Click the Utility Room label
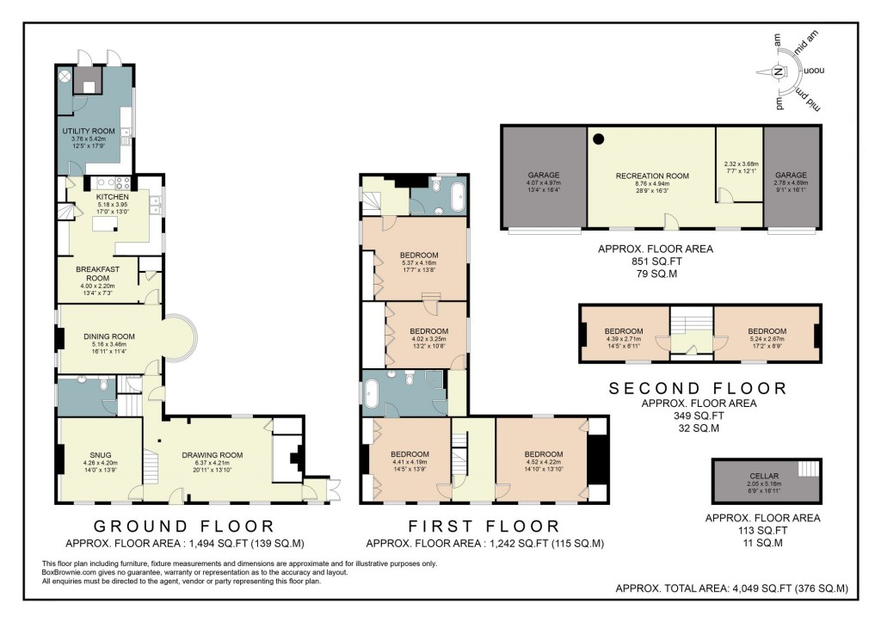tap(89, 131)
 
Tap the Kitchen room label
tap(112, 197)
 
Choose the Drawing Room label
tap(212, 456)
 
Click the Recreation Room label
tap(652, 176)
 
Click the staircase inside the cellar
tap(808, 469)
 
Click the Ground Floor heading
tap(183, 526)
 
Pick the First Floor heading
tap(484, 526)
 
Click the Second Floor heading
tap(698, 388)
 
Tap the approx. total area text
tap(732, 588)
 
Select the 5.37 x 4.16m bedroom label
tap(419, 256)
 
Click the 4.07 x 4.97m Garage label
tap(543, 174)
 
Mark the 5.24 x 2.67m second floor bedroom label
tap(766, 331)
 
